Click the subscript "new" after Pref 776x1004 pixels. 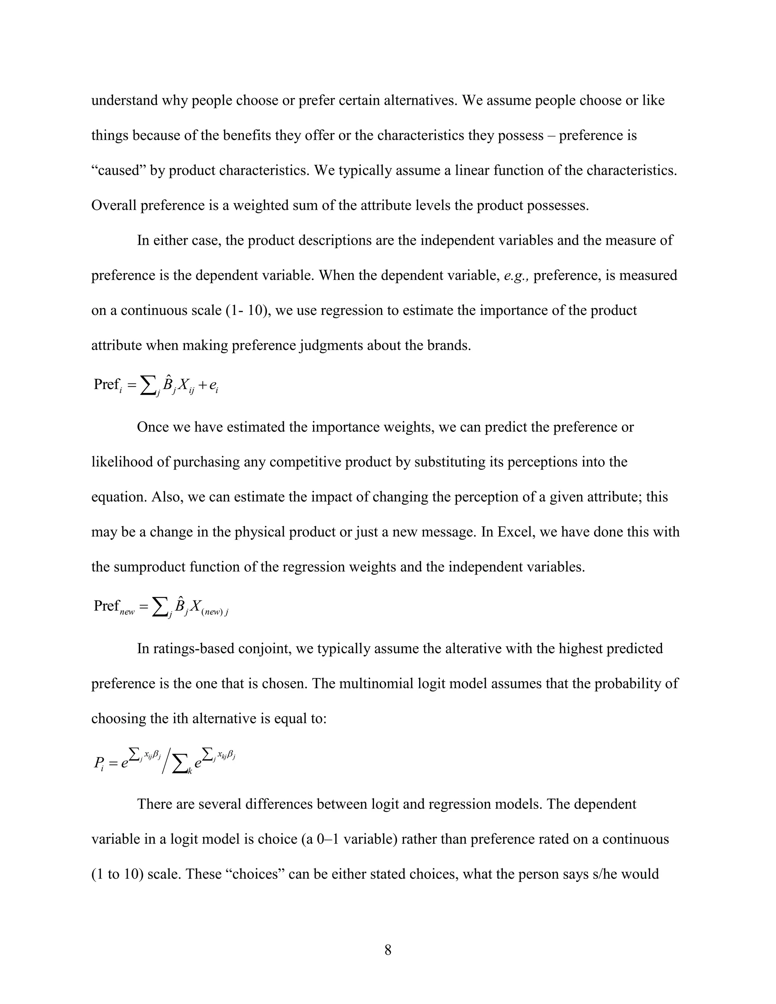[x=127, y=612]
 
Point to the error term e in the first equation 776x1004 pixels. [x=213, y=385]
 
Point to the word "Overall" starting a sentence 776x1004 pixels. [x=114, y=205]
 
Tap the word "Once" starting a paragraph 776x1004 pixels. [x=153, y=427]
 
